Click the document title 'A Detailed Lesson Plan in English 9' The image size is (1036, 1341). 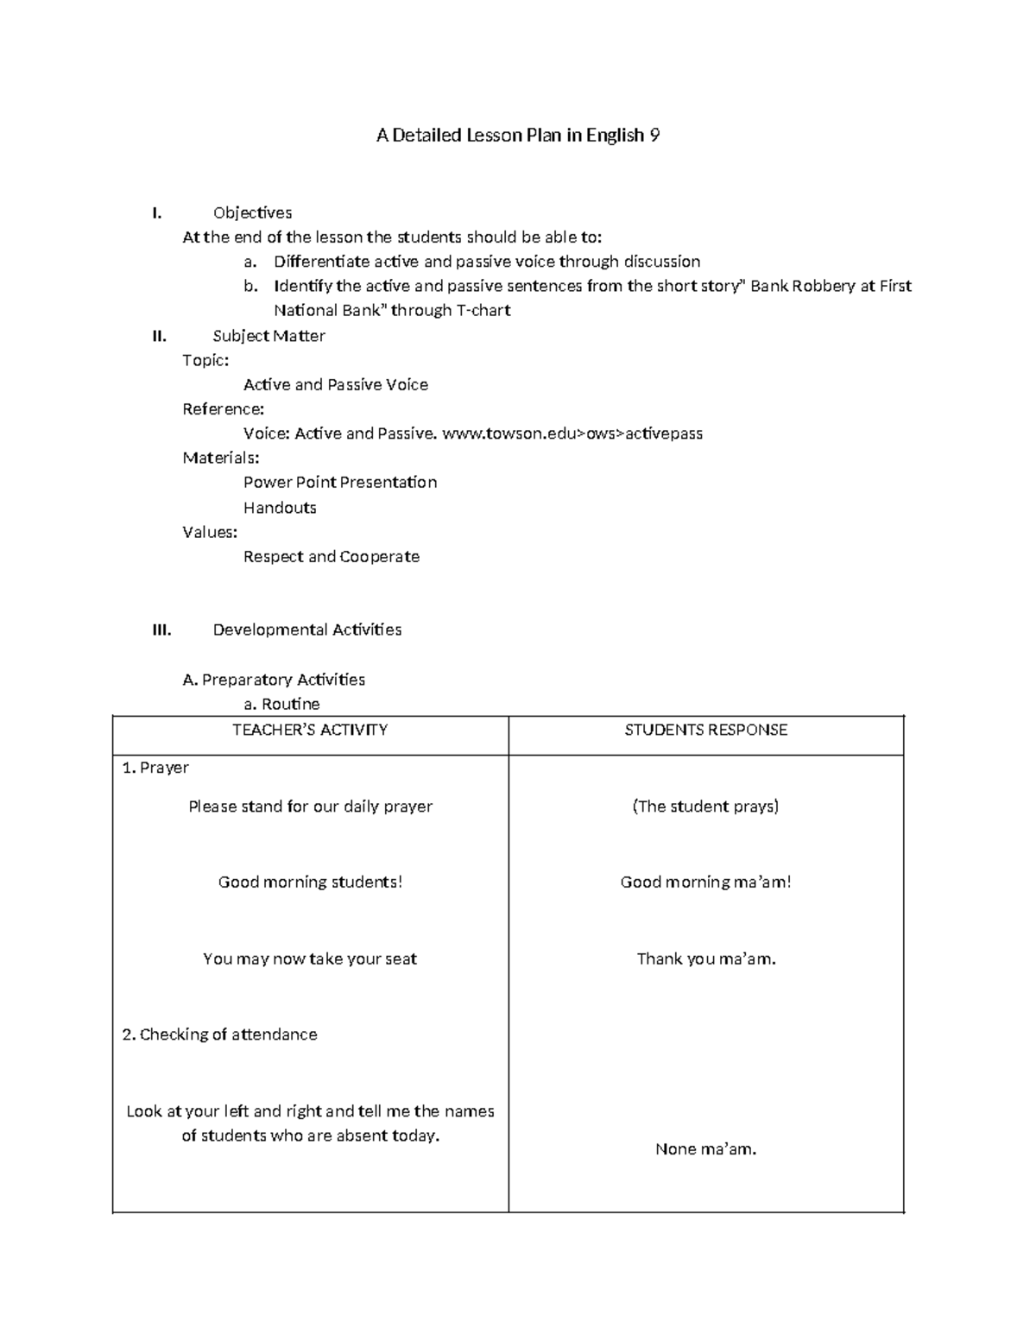coord(518,136)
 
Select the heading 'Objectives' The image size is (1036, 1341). coord(252,212)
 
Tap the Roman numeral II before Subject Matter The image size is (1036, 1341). coord(159,336)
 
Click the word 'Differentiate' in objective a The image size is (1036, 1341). coord(321,262)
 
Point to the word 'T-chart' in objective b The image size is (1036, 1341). coord(483,310)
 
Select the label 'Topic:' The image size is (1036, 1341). coord(205,360)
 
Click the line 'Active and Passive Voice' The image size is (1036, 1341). coord(335,384)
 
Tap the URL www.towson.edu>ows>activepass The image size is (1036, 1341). coord(572,433)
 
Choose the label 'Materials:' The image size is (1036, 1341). coord(220,458)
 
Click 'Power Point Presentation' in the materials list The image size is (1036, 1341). coord(339,482)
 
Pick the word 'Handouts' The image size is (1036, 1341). coord(280,508)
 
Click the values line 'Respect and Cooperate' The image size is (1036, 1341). coord(331,557)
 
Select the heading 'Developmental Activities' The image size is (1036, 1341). coord(306,629)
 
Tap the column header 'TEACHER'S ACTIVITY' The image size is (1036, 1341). coord(310,730)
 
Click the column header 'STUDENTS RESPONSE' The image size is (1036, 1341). coord(705,730)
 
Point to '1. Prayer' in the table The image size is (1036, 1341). coord(155,768)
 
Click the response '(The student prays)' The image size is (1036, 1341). coord(705,806)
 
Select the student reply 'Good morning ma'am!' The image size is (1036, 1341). coord(705,882)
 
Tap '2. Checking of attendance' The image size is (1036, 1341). coord(219,1034)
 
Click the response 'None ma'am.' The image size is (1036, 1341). coord(705,1148)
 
